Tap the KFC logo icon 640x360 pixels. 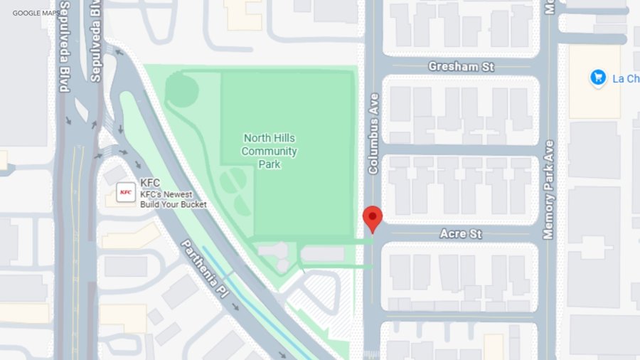click(126, 192)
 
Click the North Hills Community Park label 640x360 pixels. click(270, 151)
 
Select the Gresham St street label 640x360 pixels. click(461, 66)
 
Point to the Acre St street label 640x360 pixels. click(461, 233)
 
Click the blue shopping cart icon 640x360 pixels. click(598, 78)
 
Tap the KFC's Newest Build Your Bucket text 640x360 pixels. click(174, 199)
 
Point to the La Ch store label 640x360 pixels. click(626, 78)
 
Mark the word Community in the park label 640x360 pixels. click(270, 151)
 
